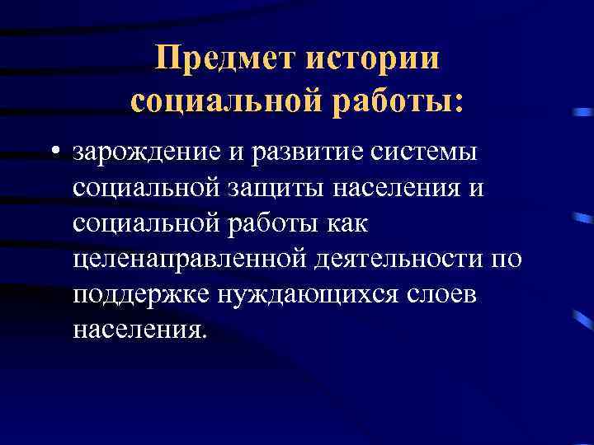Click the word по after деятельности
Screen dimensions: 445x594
click(x=506, y=259)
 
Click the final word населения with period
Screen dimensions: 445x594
click(x=136, y=329)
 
